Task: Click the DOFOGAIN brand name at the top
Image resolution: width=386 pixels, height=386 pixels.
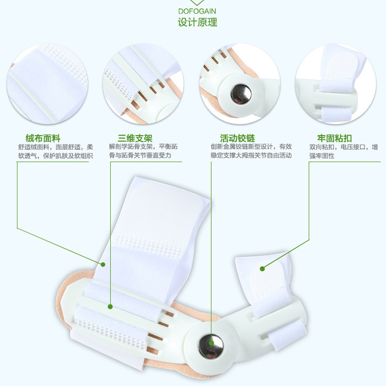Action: point(197,10)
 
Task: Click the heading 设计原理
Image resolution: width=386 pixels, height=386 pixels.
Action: point(197,22)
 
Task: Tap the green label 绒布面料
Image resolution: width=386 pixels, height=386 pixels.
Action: point(43,138)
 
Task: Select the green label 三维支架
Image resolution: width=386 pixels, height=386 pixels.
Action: point(135,138)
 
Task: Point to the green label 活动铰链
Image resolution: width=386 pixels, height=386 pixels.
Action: point(237,138)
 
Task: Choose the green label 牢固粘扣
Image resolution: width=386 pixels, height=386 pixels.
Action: point(335,138)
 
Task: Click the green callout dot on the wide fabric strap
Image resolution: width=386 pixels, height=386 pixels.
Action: point(103,265)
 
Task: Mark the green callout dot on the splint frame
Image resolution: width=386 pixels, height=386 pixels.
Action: point(110,307)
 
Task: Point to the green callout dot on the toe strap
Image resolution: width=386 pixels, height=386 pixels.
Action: point(261,268)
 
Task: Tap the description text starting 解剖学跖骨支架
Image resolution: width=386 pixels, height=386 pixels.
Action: point(143,151)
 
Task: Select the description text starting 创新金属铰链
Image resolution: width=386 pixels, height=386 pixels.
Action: point(251,151)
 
